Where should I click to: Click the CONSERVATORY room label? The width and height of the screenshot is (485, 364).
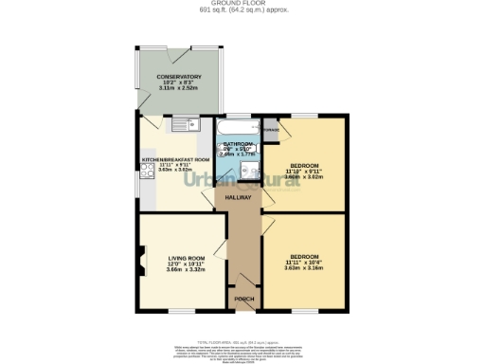tap(179, 76)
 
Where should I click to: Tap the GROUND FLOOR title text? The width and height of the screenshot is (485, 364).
tap(242, 5)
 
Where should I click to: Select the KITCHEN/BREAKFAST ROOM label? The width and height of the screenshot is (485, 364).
tap(175, 159)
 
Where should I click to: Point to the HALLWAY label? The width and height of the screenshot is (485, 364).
tap(238, 197)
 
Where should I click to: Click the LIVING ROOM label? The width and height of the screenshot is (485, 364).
tap(187, 257)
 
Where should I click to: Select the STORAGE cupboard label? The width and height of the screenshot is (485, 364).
tap(272, 129)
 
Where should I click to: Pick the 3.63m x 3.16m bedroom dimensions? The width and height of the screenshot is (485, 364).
tap(303, 268)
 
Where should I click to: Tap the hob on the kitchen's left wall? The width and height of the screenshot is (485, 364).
tap(144, 171)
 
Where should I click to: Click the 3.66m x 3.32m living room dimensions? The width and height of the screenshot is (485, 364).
tap(187, 270)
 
